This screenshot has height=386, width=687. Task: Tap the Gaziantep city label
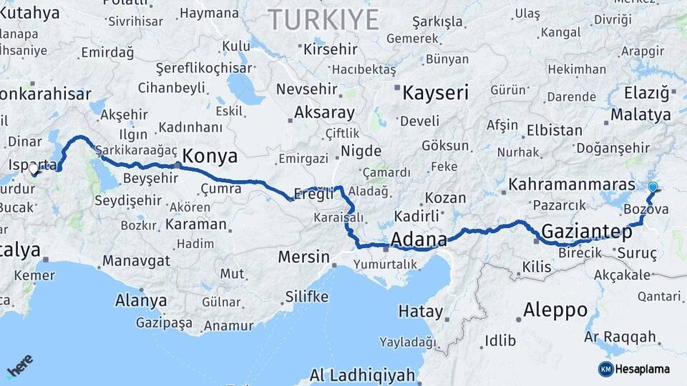(x=587, y=232)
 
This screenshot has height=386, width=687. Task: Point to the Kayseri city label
(x=435, y=92)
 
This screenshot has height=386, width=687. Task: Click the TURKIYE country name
(x=323, y=20)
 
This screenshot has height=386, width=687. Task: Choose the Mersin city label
(x=304, y=257)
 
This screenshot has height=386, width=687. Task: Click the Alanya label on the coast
(x=141, y=300)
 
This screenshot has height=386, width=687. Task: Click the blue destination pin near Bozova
(x=653, y=188)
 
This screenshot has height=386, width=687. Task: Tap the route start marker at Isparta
(x=33, y=169)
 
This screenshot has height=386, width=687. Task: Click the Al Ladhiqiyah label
(x=362, y=375)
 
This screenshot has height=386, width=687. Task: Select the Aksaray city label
(x=324, y=113)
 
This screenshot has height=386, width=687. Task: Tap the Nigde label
(x=361, y=150)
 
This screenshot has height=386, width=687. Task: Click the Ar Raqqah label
(x=620, y=337)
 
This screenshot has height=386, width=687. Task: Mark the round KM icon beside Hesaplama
(x=605, y=369)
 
